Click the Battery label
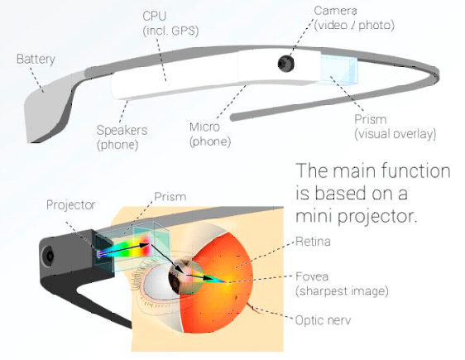36,60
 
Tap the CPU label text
154,16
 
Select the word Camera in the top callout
335,11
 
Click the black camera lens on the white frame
286,63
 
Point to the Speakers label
122,130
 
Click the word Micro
204,127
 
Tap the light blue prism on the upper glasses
339,70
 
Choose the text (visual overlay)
395,134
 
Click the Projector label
70,205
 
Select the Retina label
313,242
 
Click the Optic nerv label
324,320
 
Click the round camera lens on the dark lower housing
49,256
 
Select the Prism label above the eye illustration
170,197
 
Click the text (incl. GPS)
170,31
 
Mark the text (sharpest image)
342,291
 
